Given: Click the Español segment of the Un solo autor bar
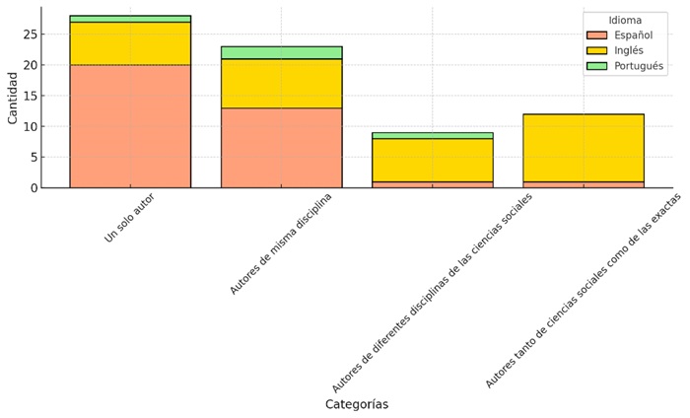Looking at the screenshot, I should (130, 126).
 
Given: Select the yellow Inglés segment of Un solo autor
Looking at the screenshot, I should (130, 43).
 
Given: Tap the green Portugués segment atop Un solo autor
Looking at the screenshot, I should (130, 19).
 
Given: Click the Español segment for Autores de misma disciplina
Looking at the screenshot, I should (281, 148).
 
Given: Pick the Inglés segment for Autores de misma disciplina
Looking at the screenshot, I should (281, 84).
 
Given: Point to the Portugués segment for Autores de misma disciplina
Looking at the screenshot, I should (281, 52).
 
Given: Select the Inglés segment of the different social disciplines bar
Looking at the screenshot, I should (432, 160).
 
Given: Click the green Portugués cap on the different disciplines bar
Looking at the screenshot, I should (432, 135).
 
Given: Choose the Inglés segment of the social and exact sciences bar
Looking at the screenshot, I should (583, 148).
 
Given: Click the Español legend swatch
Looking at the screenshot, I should (597, 35).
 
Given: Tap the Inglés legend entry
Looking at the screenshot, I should (628, 50).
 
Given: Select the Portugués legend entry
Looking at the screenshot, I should (637, 66).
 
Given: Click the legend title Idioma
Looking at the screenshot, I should (625, 20).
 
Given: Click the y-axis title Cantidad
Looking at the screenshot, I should (12, 99).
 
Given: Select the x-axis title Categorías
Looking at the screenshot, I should (357, 404).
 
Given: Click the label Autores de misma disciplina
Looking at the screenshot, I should (281, 244).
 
